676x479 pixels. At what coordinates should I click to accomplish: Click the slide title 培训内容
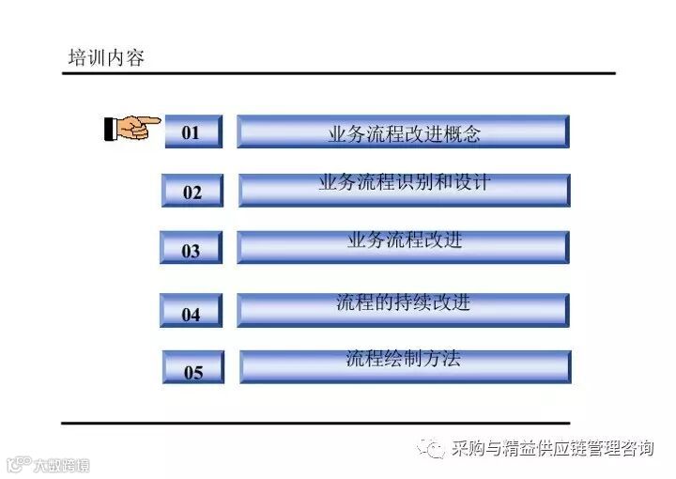pyautogui.click(x=106, y=58)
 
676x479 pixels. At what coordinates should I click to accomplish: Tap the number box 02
pyautogui.click(x=192, y=192)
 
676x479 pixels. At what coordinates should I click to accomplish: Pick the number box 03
pyautogui.click(x=192, y=250)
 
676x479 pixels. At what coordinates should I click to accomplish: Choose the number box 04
pyautogui.click(x=192, y=313)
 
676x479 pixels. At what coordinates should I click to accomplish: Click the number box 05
pyautogui.click(x=193, y=370)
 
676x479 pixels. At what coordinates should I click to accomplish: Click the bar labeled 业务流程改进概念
pyautogui.click(x=403, y=132)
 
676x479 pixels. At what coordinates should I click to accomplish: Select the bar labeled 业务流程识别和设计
pyautogui.click(x=404, y=190)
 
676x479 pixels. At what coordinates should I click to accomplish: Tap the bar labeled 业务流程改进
pyautogui.click(x=403, y=247)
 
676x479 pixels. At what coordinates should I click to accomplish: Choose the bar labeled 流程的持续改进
pyautogui.click(x=403, y=310)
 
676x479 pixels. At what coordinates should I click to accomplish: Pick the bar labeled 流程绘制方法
pyautogui.click(x=405, y=366)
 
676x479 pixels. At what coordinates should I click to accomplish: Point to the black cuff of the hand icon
pyautogui.click(x=110, y=128)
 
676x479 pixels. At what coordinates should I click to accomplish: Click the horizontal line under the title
pyautogui.click(x=338, y=73)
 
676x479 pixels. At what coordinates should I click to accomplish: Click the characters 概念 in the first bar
pyautogui.click(x=461, y=134)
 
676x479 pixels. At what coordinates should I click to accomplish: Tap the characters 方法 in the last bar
pyautogui.click(x=442, y=358)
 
